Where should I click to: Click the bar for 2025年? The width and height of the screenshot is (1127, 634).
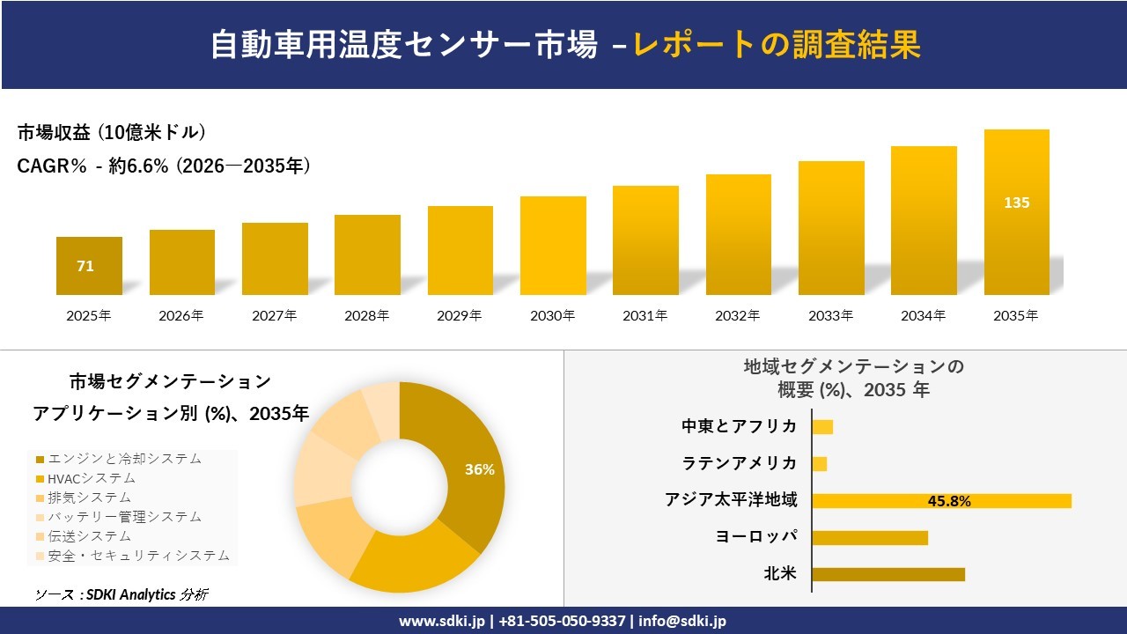(x=89, y=266)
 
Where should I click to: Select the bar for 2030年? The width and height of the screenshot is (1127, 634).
(x=553, y=246)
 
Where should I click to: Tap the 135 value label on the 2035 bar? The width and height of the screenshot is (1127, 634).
(x=1016, y=203)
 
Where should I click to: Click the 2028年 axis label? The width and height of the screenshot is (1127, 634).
(x=366, y=315)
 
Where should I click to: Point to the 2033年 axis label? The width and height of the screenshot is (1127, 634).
(x=830, y=315)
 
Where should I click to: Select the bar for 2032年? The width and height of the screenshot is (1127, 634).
(x=738, y=234)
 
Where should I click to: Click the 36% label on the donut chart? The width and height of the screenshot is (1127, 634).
(x=480, y=469)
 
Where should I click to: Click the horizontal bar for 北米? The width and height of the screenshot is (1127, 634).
(x=888, y=574)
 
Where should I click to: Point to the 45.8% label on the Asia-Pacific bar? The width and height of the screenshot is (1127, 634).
(x=949, y=501)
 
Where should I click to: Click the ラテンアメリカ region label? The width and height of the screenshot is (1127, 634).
(x=740, y=463)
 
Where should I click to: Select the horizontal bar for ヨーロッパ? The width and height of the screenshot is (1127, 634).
(x=869, y=537)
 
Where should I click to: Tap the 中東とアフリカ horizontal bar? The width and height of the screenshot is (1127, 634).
(x=822, y=427)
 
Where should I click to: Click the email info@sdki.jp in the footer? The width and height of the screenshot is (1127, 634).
(x=682, y=621)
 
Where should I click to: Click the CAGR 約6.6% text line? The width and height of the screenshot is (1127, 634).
(x=164, y=166)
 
